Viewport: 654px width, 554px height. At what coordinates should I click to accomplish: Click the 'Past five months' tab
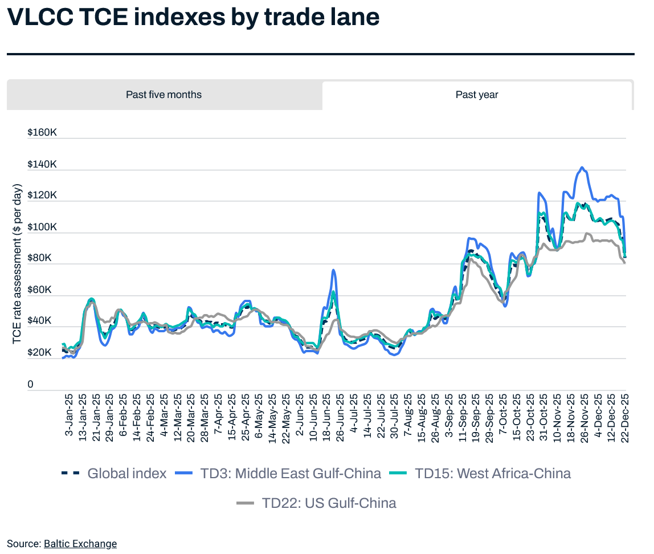coord(164,95)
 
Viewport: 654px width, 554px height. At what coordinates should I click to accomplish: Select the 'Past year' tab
coord(477,95)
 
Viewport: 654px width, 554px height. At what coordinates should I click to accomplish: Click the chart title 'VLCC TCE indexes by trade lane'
coord(193,18)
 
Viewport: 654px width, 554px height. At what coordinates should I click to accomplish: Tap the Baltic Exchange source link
coord(80,544)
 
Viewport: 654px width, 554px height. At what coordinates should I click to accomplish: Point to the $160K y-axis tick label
coord(42,133)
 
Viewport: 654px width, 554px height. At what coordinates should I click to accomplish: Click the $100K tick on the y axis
coord(42,227)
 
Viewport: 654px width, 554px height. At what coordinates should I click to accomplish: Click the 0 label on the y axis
coord(31,385)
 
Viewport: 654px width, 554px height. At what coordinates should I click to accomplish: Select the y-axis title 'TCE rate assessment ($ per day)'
coord(18,264)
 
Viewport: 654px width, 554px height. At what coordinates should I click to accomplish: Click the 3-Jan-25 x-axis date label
coord(69,414)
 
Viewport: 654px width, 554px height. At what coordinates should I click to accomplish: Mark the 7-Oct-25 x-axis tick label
coord(503,414)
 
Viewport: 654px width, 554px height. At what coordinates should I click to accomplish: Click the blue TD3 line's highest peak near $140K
coord(582,168)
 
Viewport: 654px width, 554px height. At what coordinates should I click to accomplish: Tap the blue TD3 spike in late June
coord(333,270)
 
